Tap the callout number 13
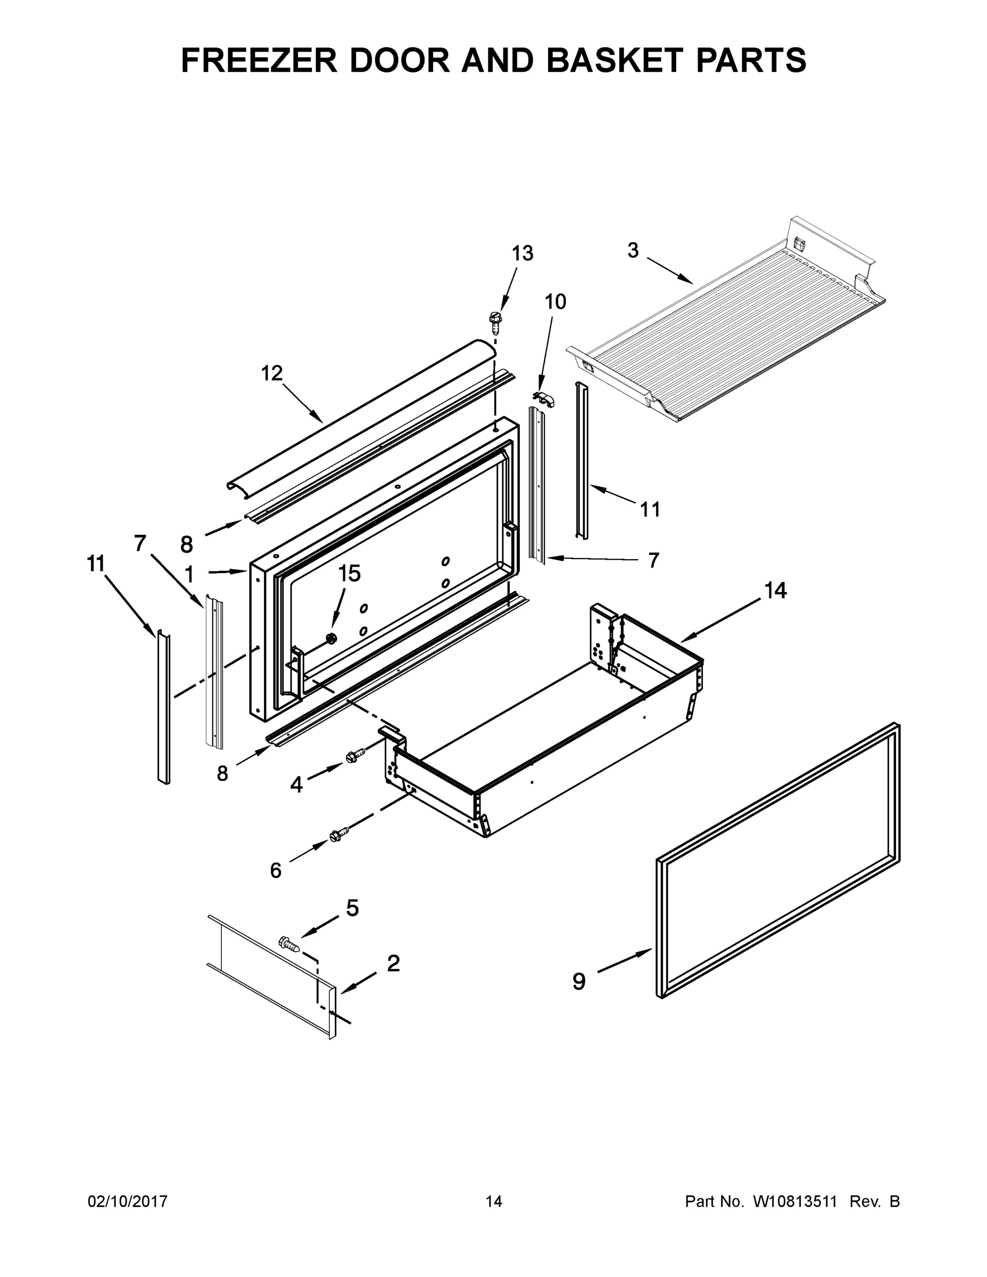(x=522, y=253)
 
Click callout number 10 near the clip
(x=555, y=302)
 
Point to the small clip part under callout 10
(x=544, y=398)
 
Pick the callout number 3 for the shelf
(x=633, y=250)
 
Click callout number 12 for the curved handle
(x=271, y=373)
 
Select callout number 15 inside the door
(x=349, y=574)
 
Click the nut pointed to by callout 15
(x=331, y=638)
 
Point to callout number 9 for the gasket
(x=578, y=981)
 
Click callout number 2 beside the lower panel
(x=394, y=963)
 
